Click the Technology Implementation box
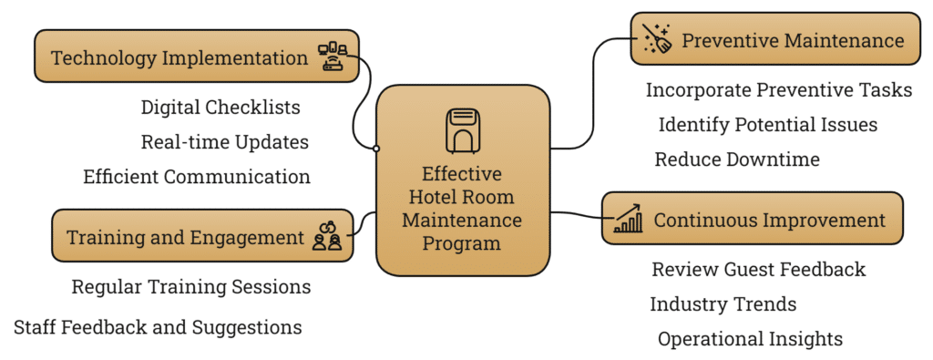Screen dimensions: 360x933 click(x=196, y=57)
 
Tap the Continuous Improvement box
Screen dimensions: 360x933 click(x=752, y=219)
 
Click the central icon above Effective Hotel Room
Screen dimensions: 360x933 click(x=462, y=130)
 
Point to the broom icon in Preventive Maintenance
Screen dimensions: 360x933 click(x=657, y=39)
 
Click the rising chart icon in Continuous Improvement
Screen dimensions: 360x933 click(x=628, y=219)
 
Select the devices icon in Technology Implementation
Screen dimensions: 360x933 click(x=333, y=57)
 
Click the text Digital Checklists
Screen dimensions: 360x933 click(x=220, y=108)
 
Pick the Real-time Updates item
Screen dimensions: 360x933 click(x=224, y=142)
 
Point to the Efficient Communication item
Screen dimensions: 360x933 click(x=197, y=177)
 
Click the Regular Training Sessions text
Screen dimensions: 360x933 click(x=191, y=287)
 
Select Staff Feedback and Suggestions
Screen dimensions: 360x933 click(x=158, y=326)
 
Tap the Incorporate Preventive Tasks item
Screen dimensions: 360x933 click(x=778, y=90)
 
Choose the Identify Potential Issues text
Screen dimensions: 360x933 click(x=767, y=125)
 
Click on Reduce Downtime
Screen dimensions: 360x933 click(x=737, y=159)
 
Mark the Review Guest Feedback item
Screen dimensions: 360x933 click(x=758, y=270)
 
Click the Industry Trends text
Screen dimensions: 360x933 click(x=723, y=304)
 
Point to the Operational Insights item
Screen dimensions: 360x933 click(x=750, y=339)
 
